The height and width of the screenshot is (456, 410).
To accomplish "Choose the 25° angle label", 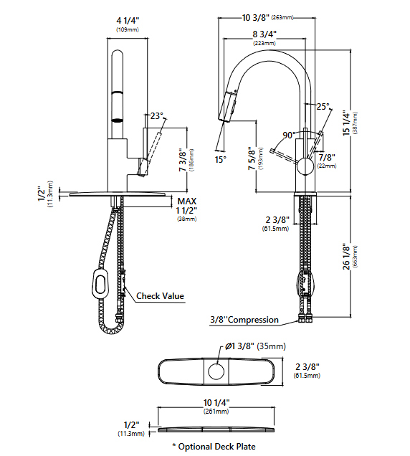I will [x=323, y=106].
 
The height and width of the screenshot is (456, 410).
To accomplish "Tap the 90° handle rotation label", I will [x=289, y=135].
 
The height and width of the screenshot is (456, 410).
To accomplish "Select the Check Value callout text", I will [x=160, y=295].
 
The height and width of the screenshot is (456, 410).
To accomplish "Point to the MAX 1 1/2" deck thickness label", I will [x=187, y=209].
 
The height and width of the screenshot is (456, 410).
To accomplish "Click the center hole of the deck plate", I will [x=214, y=372].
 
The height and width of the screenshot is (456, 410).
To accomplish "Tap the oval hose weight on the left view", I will [x=98, y=285].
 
